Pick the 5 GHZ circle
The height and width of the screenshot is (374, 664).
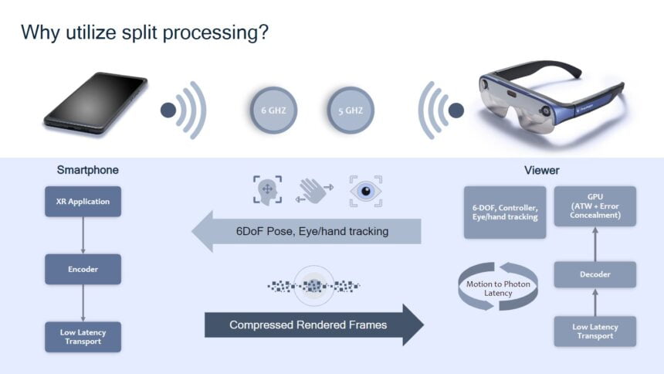click(352, 110)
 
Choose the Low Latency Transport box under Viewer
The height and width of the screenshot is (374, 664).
click(595, 331)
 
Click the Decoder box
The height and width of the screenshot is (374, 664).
click(595, 274)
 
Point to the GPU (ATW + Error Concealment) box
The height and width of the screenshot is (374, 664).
click(595, 206)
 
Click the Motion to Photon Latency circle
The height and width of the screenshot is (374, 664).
click(496, 288)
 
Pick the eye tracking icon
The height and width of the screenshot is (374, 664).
click(365, 190)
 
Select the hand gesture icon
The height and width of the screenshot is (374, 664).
click(313, 190)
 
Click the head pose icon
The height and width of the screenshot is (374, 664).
click(267, 190)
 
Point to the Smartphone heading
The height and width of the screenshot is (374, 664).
click(87, 170)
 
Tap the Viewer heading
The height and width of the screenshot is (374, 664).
click(541, 170)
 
